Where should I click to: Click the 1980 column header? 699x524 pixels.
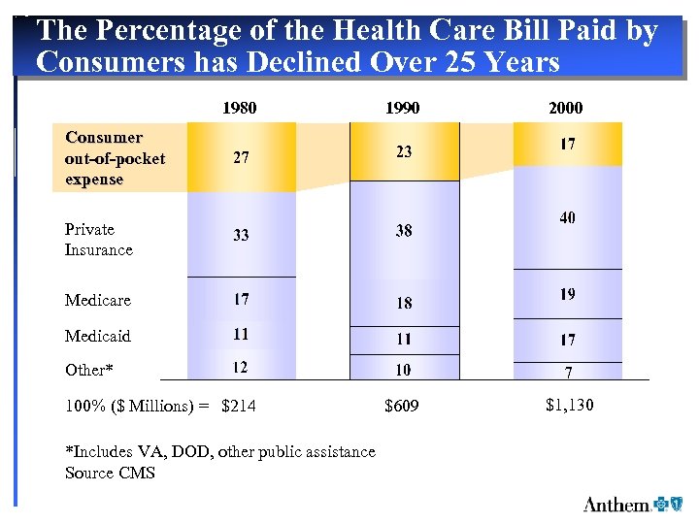pyautogui.click(x=240, y=108)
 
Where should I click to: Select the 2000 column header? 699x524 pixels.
pyautogui.click(x=566, y=108)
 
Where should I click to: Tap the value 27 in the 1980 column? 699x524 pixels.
pyautogui.click(x=241, y=158)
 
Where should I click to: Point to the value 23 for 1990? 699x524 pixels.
pyautogui.click(x=404, y=151)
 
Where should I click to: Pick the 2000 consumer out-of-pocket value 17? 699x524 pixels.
pyautogui.click(x=567, y=144)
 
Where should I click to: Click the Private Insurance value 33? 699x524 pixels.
pyautogui.click(x=241, y=235)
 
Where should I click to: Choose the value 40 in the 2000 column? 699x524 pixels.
pyautogui.click(x=567, y=218)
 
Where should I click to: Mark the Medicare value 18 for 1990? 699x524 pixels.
pyautogui.click(x=404, y=303)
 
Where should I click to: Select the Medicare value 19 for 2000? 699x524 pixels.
pyautogui.click(x=567, y=294)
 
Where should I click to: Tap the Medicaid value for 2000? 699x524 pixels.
pyautogui.click(x=567, y=340)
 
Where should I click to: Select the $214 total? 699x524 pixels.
pyautogui.click(x=239, y=406)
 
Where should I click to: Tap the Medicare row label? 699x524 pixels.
pyautogui.click(x=97, y=301)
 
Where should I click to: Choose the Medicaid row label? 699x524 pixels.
pyautogui.click(x=97, y=336)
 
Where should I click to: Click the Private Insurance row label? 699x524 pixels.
pyautogui.click(x=98, y=240)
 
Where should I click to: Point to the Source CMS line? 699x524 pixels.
pyautogui.click(x=110, y=473)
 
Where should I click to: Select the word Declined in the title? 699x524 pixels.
pyautogui.click(x=311, y=63)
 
